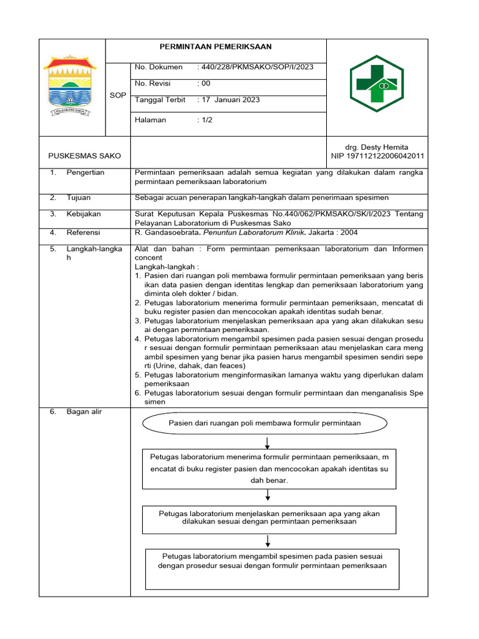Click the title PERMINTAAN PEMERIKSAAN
tap(216, 47)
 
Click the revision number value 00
tap(205, 84)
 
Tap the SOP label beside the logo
tap(117, 95)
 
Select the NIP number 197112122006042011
tap(377, 156)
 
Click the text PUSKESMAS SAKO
tap(85, 156)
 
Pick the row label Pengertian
tap(85, 172)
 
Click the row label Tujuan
tap(79, 197)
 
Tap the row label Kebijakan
tap(84, 214)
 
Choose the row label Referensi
tap(84, 233)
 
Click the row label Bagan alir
tap(84, 412)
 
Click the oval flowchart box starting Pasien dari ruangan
tap(264, 423)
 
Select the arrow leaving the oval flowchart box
tap(267, 442)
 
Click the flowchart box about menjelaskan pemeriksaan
tap(269, 518)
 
